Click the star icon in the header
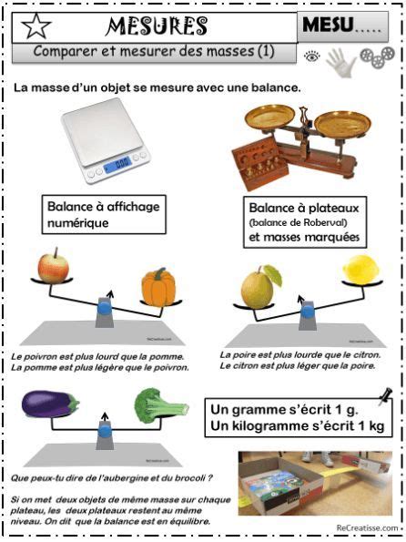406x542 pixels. (35, 24)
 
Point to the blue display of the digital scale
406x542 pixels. (117, 167)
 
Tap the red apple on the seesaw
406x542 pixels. (54, 267)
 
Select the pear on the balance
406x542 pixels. (259, 286)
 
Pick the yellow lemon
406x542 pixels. (360, 272)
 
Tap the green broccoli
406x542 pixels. (162, 404)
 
